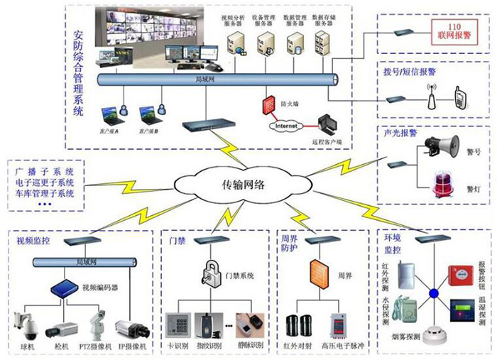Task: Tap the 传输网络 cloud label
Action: click(x=239, y=186)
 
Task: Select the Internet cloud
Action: click(x=283, y=126)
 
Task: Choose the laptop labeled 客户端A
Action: click(x=108, y=114)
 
